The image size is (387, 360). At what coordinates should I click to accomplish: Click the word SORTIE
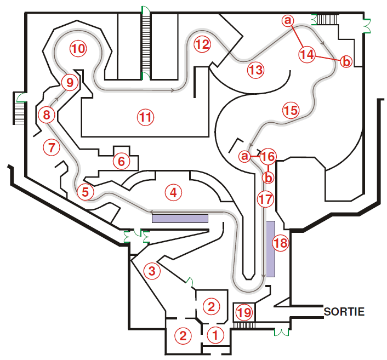click(x=344, y=312)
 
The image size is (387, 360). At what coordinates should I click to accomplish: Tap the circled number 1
click(x=215, y=335)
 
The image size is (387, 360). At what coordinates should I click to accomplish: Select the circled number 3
click(x=152, y=271)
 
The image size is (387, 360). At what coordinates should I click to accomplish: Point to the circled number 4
click(x=174, y=193)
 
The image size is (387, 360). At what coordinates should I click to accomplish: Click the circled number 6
click(x=122, y=162)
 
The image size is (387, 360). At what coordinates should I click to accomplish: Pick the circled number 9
click(x=70, y=82)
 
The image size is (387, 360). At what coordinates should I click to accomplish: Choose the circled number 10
click(x=78, y=48)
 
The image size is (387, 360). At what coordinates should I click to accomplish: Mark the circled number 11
click(x=146, y=117)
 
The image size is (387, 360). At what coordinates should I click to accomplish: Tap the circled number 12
click(x=202, y=44)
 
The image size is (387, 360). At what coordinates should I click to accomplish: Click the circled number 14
click(x=308, y=55)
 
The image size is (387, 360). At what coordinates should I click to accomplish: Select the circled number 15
click(x=291, y=110)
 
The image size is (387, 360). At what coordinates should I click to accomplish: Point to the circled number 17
click(x=266, y=199)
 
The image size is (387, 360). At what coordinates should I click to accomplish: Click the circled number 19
click(x=244, y=313)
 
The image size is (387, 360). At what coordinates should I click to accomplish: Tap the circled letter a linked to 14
click(x=288, y=20)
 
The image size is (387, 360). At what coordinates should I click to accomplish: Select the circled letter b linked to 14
click(x=346, y=61)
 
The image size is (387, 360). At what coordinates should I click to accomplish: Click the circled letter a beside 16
click(x=244, y=156)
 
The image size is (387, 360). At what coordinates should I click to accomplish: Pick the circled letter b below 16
click(x=268, y=178)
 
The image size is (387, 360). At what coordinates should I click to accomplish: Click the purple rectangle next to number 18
click(x=270, y=249)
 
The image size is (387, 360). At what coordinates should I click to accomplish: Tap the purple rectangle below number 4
click(x=180, y=219)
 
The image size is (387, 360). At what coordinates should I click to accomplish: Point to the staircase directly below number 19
click(x=244, y=325)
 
